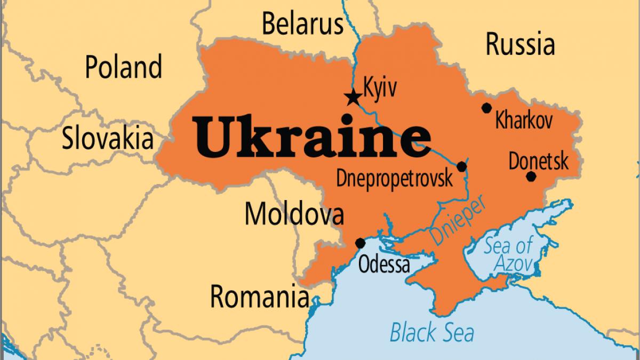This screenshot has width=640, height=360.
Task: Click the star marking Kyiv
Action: tap(352, 98)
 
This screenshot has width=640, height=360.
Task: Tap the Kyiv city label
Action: tap(380, 87)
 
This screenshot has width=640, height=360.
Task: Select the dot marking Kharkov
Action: tap(486, 108)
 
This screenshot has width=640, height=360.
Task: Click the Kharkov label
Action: tap(524, 121)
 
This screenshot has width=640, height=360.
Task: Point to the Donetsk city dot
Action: tap(531, 177)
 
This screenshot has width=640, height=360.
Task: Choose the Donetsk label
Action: tap(539, 161)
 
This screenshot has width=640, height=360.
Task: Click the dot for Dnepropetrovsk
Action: tap(462, 166)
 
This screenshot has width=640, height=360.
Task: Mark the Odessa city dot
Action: tap(361, 243)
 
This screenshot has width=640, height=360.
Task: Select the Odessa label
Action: tap(384, 264)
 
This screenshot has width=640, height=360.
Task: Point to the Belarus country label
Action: tap(302, 24)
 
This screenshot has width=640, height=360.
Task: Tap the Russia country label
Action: tap(520, 45)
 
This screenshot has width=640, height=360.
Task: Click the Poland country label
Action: tap(124, 68)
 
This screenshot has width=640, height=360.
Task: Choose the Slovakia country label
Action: tap(108, 138)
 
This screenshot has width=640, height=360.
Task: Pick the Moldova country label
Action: tap(294, 214)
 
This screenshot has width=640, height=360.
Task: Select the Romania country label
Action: tap(260, 296)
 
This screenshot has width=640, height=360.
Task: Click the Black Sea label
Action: tap(432, 332)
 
